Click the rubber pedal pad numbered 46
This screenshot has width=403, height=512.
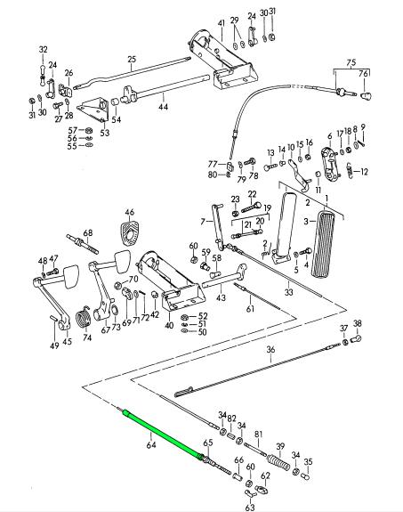click(x=130, y=232)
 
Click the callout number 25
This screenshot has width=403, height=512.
click(x=132, y=60)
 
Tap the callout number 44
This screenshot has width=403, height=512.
click(x=164, y=107)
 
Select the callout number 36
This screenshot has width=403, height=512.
click(x=270, y=350)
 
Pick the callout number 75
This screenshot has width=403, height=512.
click(x=351, y=62)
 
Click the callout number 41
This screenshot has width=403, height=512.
click(x=222, y=23)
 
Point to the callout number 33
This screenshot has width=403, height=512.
click(x=288, y=291)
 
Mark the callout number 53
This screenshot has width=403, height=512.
click(x=105, y=133)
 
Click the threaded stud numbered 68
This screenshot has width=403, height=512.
click(x=83, y=245)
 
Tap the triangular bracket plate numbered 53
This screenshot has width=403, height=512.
click(x=93, y=109)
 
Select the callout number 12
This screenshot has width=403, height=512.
click(x=364, y=171)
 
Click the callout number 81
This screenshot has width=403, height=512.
click(x=258, y=435)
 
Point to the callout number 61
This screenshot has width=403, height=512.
click(x=250, y=309)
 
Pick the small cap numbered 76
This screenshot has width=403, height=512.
click(x=367, y=95)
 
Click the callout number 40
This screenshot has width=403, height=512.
click(x=169, y=326)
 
